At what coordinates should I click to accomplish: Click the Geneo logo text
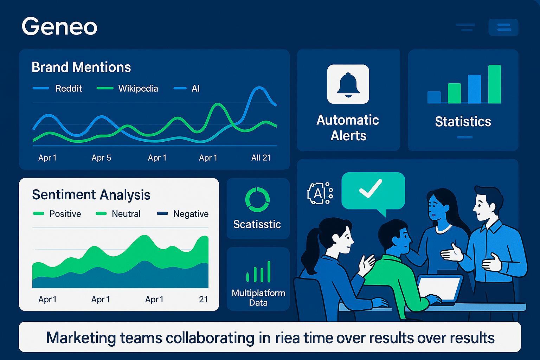59,26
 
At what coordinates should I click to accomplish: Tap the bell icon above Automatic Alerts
348,84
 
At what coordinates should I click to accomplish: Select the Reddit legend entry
57,89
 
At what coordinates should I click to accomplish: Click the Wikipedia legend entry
127,89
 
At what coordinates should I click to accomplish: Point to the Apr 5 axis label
101,158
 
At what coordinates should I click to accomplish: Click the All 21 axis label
261,158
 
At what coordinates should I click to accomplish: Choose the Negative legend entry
183,214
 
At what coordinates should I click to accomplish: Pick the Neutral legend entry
118,214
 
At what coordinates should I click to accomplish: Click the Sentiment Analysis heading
91,195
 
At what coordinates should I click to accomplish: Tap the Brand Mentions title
81,67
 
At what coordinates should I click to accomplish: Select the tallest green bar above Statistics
495,84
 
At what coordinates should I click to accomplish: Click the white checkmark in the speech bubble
371,188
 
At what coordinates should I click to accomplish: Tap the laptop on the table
440,289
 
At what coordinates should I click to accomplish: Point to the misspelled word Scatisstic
257,224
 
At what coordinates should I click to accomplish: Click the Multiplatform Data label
258,298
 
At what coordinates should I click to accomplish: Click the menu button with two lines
503,27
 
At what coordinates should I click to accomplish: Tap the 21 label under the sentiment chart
203,300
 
